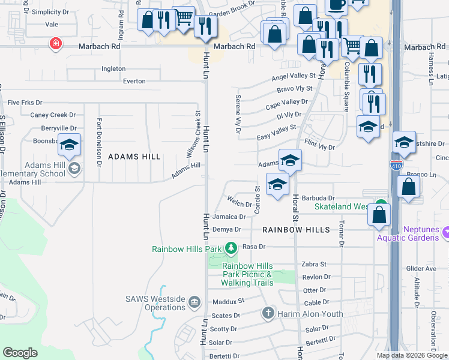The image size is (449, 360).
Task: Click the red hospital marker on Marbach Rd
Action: (56, 44)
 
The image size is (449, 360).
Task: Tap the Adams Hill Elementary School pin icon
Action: (74, 169)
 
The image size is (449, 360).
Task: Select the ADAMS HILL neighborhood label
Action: (134, 157)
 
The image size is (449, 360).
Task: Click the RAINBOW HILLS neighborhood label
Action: (296, 230)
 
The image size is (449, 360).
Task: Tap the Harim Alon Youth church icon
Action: (268, 313)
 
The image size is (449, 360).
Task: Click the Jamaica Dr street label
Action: (229, 217)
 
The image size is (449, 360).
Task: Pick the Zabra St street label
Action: (314, 264)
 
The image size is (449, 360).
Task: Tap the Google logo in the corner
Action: (20, 353)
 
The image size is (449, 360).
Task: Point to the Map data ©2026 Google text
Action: (411, 355)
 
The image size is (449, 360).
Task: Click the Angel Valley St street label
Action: (293, 76)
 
